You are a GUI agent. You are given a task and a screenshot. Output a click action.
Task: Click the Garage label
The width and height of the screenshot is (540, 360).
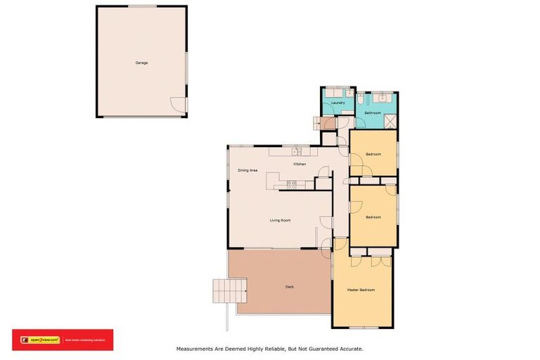pyautogui.click(x=141, y=63)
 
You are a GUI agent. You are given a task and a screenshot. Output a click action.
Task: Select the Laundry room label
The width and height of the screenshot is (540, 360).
pyautogui.click(x=337, y=103)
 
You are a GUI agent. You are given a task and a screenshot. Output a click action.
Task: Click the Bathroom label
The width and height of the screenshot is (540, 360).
pyautogui.click(x=373, y=112)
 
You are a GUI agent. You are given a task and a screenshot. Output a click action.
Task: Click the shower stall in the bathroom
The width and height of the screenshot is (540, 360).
pyautogui.click(x=390, y=120)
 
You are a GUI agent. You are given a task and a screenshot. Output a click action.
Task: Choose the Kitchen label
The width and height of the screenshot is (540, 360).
pyautogui.click(x=300, y=165)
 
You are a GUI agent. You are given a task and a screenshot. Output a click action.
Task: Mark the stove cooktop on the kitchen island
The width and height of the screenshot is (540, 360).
pyautogui.click(x=290, y=185)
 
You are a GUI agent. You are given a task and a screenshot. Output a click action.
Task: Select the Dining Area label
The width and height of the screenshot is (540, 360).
pyautogui.click(x=247, y=170)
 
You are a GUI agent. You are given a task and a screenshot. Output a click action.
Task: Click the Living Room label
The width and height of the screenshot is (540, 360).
pyautogui.click(x=281, y=220)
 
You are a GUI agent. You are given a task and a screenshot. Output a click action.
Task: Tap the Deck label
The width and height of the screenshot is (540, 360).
pyautogui.click(x=289, y=286)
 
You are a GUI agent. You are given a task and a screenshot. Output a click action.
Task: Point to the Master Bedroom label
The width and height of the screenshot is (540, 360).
pyautogui.click(x=361, y=290)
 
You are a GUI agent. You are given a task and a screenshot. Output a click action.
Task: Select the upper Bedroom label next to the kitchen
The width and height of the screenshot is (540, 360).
pyautogui.click(x=373, y=154)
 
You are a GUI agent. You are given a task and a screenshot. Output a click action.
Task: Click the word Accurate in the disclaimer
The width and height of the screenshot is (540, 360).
pyautogui.click(x=350, y=348)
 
